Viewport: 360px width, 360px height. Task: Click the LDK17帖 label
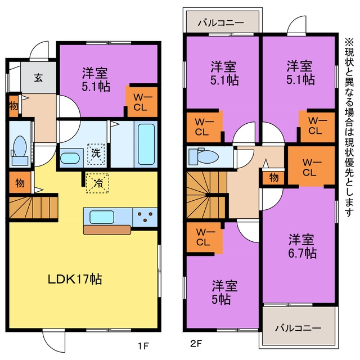(75, 279)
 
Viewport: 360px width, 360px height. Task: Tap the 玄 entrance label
(38, 78)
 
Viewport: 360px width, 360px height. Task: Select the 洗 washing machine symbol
(96, 154)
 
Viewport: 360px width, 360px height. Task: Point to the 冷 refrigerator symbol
(97, 183)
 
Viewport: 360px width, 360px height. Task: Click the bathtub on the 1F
(146, 144)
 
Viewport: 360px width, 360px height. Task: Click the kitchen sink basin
(102, 217)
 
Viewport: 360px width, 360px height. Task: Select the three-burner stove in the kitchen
(145, 217)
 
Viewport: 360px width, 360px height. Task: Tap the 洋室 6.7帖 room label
(301, 246)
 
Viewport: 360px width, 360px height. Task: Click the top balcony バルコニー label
(220, 22)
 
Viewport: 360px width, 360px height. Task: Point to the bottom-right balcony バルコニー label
(298, 328)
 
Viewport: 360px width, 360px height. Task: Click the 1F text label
(143, 345)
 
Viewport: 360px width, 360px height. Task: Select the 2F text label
(196, 344)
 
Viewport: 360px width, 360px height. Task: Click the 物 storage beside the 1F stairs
(20, 182)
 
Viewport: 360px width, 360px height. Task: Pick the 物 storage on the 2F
(273, 178)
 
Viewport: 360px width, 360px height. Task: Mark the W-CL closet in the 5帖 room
(204, 237)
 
